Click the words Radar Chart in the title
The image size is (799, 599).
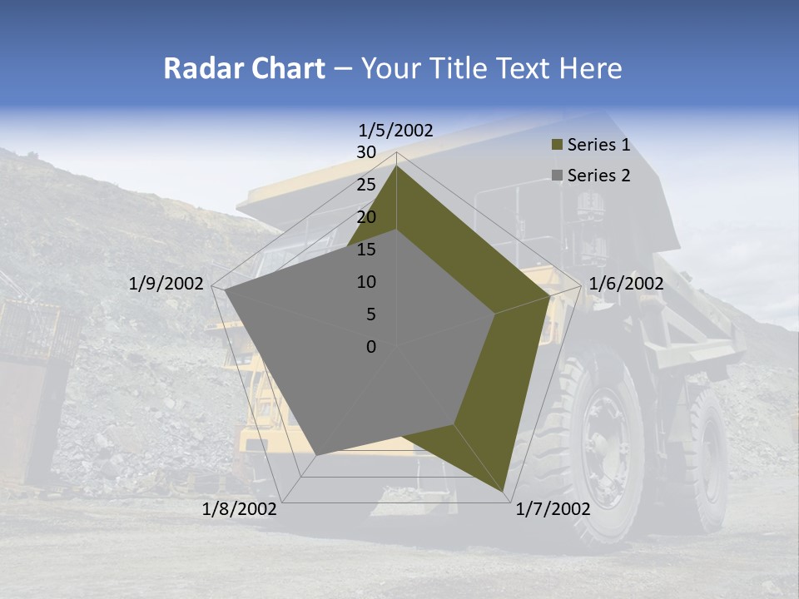[x=244, y=68]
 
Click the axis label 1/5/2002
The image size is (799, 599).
[x=396, y=130]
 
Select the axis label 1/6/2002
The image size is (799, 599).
[x=626, y=284]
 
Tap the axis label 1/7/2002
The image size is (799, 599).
[x=553, y=509]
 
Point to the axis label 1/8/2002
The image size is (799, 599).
[x=240, y=509]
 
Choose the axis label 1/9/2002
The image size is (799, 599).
[x=166, y=284]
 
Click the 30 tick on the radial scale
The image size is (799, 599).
[x=366, y=152]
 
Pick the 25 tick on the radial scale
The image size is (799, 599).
[x=366, y=185]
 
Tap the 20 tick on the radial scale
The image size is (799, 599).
[x=366, y=217]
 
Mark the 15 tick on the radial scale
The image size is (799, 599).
[x=366, y=250]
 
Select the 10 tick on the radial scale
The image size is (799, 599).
[x=366, y=282]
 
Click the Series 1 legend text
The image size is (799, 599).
[x=598, y=145]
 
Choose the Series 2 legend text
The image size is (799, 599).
[x=598, y=175]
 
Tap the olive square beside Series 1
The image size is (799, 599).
[x=558, y=146]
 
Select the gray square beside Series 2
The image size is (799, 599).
[x=558, y=176]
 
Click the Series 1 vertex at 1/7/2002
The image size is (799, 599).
[x=504, y=491]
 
